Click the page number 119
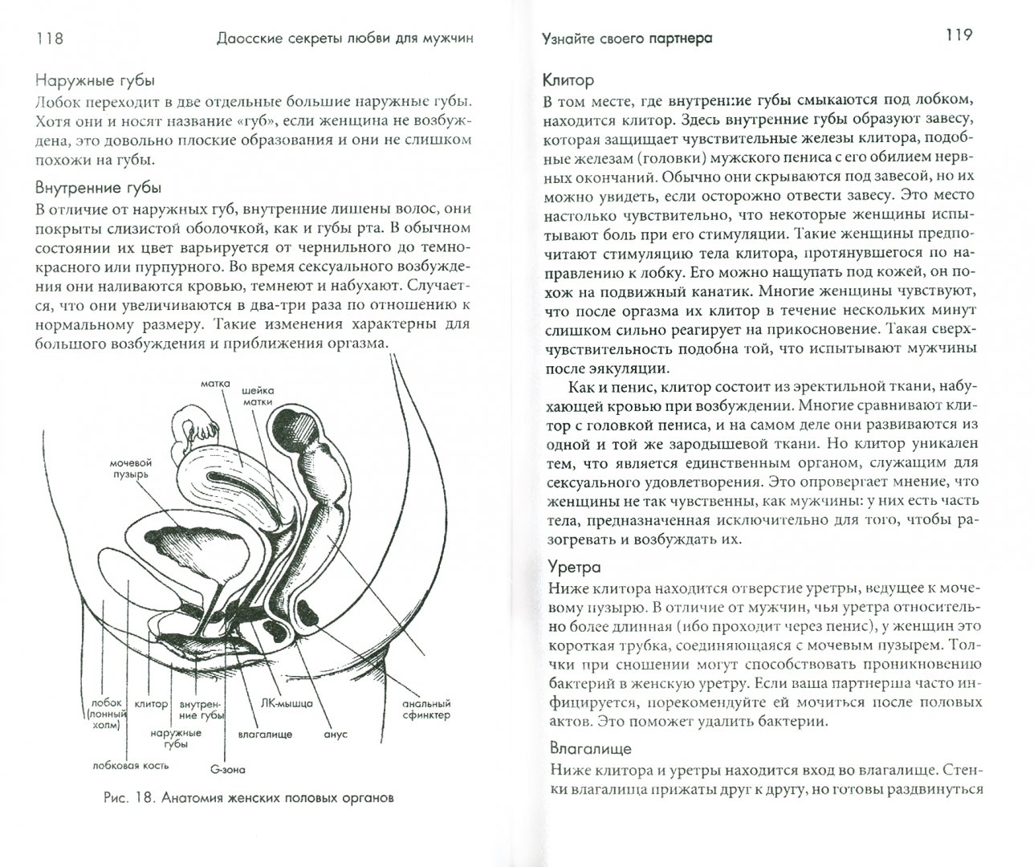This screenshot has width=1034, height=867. pyautogui.click(x=953, y=36)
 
